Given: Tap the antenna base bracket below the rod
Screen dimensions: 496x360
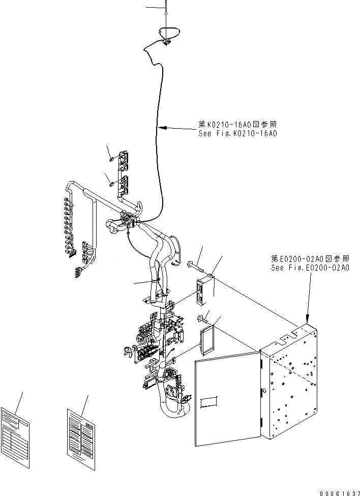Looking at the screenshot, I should (167, 43).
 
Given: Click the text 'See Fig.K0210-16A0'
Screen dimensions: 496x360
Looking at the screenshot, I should (237, 134).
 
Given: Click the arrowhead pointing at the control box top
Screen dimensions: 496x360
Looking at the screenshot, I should (308, 317).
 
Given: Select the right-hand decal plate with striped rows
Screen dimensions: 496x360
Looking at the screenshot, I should (81, 430).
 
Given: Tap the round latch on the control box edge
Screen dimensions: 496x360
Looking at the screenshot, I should (264, 391).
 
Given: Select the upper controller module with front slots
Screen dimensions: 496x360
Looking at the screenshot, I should (204, 291).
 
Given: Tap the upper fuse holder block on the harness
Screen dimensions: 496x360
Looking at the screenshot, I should (123, 161).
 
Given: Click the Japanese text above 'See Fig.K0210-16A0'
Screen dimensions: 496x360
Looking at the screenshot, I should (237, 125).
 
